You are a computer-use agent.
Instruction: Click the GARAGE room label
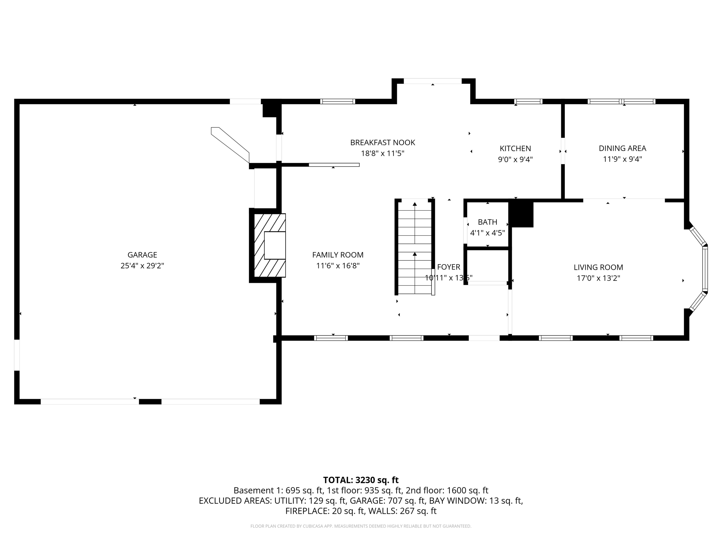click(142, 255)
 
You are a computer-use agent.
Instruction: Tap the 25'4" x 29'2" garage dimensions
click(142, 266)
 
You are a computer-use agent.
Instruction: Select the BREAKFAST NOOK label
click(383, 143)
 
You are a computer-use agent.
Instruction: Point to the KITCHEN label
click(515, 148)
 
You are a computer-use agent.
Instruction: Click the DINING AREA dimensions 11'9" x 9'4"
click(622, 159)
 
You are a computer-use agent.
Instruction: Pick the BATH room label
click(488, 222)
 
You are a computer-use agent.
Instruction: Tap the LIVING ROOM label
click(598, 267)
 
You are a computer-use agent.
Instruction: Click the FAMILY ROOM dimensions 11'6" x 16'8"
click(338, 266)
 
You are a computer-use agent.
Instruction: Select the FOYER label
click(448, 267)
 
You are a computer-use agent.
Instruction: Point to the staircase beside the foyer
click(415, 247)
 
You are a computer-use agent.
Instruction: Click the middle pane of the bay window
click(705, 268)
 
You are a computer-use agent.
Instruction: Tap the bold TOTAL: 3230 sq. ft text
click(361, 480)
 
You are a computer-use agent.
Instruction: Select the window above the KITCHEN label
click(528, 101)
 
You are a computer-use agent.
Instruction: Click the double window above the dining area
click(621, 101)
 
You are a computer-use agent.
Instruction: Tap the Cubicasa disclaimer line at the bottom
click(361, 526)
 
